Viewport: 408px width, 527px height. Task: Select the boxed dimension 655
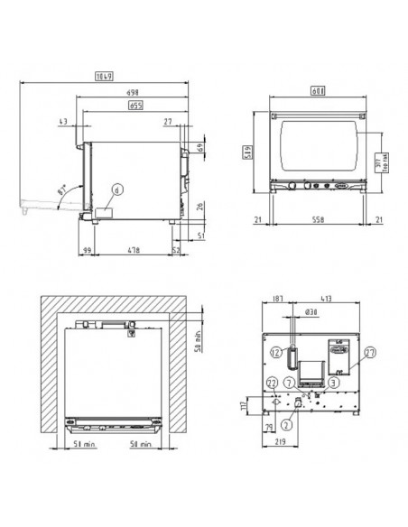136,106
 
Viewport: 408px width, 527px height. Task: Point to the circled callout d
116,190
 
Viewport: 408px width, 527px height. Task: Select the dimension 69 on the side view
199,147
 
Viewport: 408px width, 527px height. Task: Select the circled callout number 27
371,355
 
